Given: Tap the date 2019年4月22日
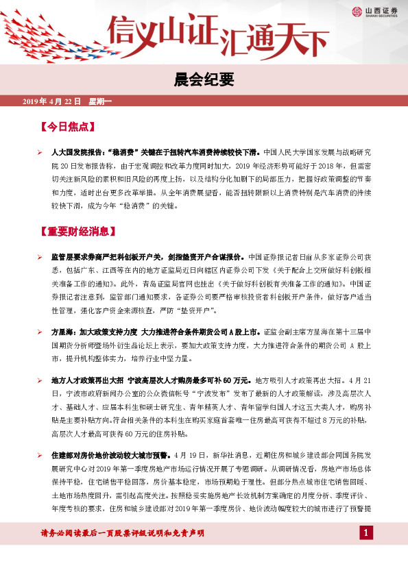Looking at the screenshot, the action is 52,102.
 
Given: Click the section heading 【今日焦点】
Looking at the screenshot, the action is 67,127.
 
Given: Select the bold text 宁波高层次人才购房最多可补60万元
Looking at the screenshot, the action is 186,379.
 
